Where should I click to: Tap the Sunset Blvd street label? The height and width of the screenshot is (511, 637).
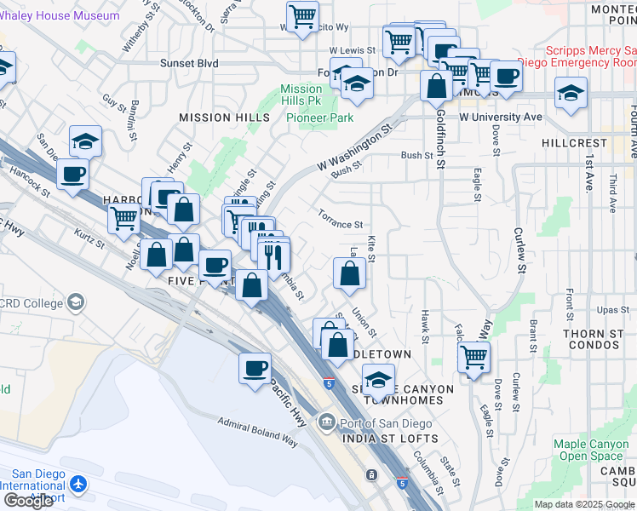click(x=189, y=63)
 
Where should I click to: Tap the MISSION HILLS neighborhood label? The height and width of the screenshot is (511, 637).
click(x=216, y=117)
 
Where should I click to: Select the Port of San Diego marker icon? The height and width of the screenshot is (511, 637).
click(x=327, y=422)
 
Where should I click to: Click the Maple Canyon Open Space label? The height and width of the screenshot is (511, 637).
click(x=593, y=450)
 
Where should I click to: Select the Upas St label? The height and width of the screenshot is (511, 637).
click(x=612, y=310)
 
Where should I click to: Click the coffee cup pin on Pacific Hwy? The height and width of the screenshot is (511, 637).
click(x=254, y=369)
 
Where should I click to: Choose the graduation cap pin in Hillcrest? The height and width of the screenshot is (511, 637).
click(x=571, y=94)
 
